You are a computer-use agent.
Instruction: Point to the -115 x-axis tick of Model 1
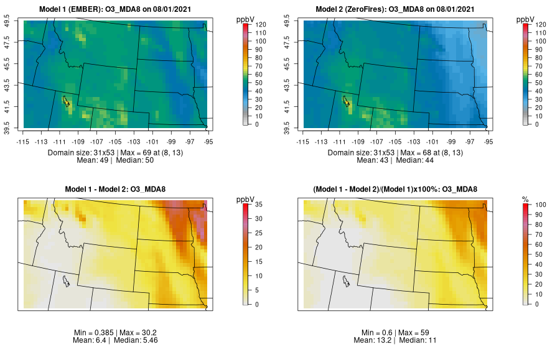coord(24,141)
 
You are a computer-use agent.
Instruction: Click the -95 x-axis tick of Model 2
coord(489,141)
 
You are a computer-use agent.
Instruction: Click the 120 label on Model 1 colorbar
coord(261,24)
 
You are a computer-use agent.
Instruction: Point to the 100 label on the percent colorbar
coord(541,205)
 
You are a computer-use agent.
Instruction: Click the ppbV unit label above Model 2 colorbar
coord(526,19)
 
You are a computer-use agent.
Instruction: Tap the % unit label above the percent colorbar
coord(525,199)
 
